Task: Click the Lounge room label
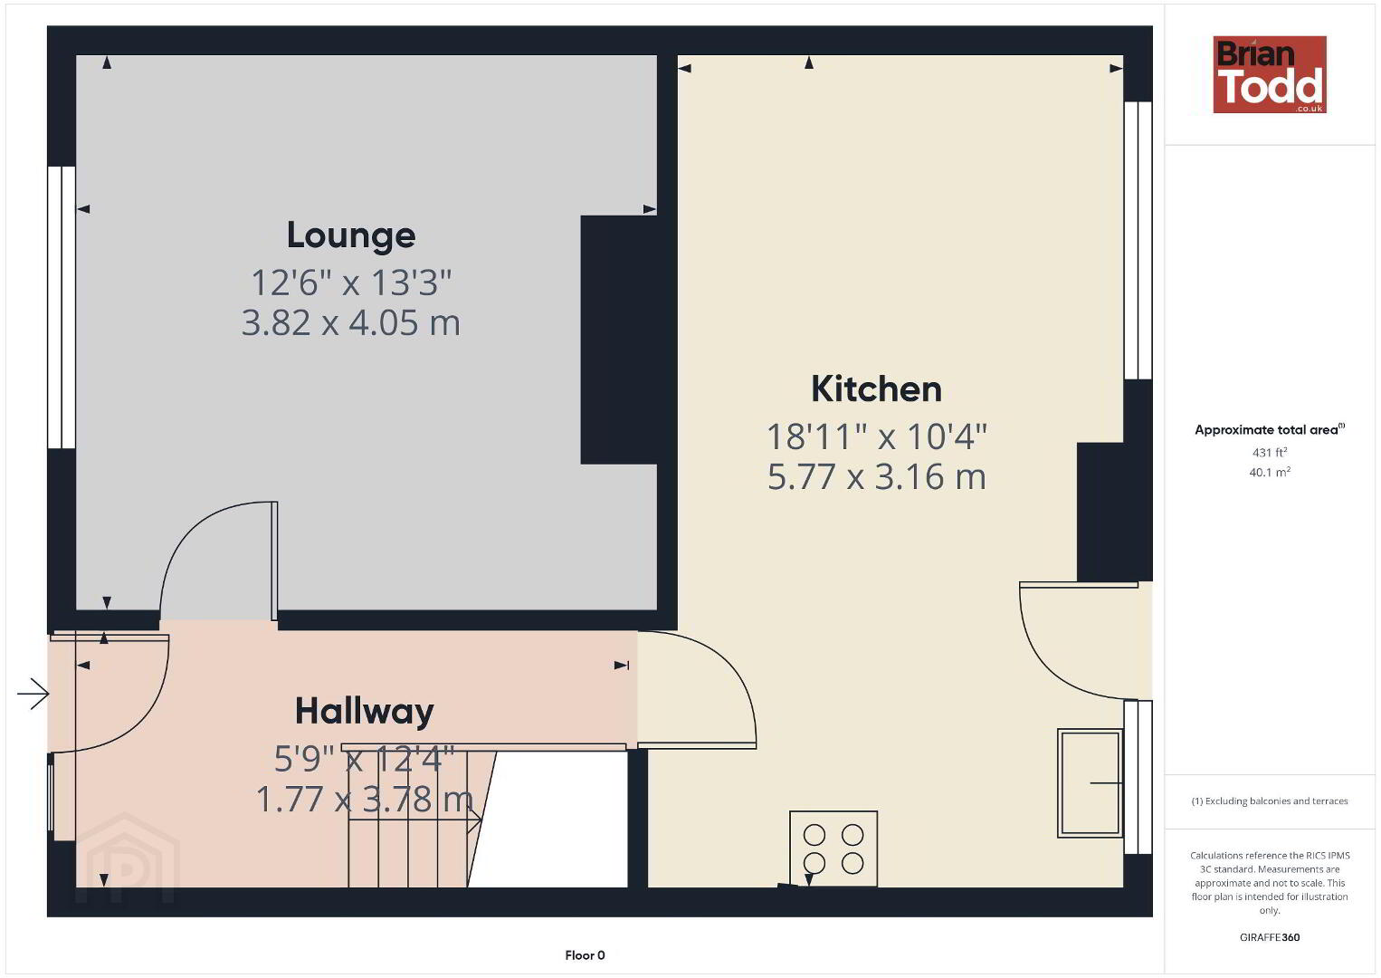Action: (x=351, y=235)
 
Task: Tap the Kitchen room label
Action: (x=876, y=389)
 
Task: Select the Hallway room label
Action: (x=365, y=712)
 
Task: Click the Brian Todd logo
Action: (x=1270, y=74)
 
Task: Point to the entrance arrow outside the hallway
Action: (x=33, y=695)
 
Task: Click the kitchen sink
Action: (x=1090, y=783)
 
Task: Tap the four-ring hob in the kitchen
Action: (x=833, y=849)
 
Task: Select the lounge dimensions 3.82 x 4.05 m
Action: (x=351, y=322)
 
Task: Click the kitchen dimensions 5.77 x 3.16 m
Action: (x=876, y=477)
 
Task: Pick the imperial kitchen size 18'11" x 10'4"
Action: (x=876, y=436)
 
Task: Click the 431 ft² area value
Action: (x=1270, y=452)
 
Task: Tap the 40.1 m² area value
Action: (x=1270, y=472)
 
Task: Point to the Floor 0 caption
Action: (x=585, y=955)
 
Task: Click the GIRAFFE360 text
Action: (x=1270, y=937)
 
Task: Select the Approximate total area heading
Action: (x=1270, y=429)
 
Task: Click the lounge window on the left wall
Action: (x=62, y=307)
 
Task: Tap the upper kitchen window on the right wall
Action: (x=1138, y=241)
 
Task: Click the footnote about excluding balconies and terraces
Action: (x=1270, y=801)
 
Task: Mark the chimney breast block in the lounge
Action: (x=618, y=340)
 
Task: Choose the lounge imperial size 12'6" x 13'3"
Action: (x=351, y=283)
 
